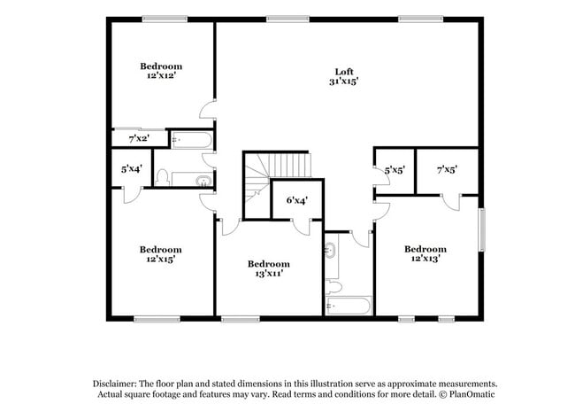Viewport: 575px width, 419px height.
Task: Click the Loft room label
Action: (x=345, y=72)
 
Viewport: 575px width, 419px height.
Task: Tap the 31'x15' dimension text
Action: (x=345, y=81)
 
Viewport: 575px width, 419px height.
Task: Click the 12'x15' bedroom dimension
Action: (x=161, y=260)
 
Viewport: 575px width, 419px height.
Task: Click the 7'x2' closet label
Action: (x=138, y=139)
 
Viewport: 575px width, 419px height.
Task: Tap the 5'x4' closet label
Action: (x=131, y=168)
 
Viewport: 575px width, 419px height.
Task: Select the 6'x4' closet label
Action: (x=297, y=200)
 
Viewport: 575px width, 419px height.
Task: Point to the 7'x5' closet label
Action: (x=446, y=168)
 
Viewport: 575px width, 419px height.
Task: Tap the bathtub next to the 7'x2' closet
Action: (x=191, y=139)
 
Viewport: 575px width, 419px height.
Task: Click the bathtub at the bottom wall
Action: (x=349, y=306)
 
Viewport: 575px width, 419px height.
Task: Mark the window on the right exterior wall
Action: (x=482, y=231)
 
